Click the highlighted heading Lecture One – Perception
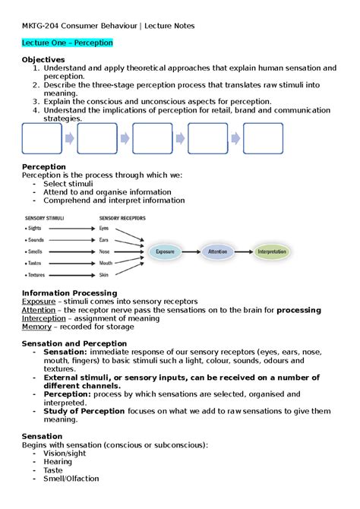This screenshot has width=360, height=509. coord(68,43)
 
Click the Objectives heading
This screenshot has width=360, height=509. coord(46,59)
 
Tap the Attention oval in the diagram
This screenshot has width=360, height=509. coord(223,251)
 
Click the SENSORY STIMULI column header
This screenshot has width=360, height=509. coord(45,217)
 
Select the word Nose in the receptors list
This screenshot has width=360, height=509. coord(105,251)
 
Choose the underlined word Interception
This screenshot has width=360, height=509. coord(44,319)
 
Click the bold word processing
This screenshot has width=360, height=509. coord(298,310)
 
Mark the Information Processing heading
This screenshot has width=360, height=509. coord(70,292)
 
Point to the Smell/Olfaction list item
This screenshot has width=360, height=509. coord(71,479)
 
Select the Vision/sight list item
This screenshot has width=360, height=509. coord(65,453)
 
